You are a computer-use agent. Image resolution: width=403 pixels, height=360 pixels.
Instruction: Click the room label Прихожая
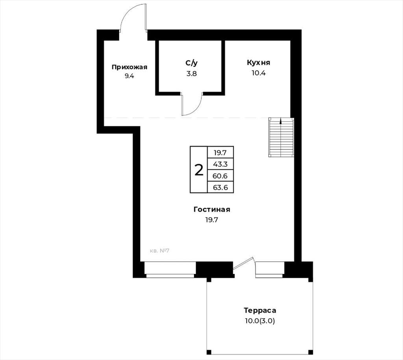(x=129, y=67)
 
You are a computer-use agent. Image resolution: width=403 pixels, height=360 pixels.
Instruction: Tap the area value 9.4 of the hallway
(x=129, y=76)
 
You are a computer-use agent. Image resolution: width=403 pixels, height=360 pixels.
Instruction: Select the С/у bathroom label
(x=192, y=63)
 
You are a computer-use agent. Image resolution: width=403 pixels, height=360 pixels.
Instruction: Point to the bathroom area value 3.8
(x=192, y=74)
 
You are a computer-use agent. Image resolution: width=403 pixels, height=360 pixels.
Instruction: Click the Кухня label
(x=259, y=63)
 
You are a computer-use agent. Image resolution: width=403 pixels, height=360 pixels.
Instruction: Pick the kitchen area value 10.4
(x=259, y=73)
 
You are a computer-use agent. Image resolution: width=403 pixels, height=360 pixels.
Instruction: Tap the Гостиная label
(x=212, y=210)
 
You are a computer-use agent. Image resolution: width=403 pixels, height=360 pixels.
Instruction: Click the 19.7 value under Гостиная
(x=212, y=220)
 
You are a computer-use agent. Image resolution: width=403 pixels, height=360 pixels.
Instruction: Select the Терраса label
(x=260, y=310)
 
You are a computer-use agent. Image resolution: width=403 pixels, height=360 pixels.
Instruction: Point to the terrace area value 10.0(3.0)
(x=260, y=321)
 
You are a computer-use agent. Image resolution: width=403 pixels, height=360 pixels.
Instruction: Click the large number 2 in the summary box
(x=199, y=170)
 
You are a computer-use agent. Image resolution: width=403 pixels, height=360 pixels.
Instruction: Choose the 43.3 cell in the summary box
(x=220, y=164)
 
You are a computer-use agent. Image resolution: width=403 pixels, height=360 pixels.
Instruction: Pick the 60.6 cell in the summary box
(x=220, y=176)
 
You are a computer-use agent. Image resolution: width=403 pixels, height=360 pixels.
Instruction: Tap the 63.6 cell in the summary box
(x=220, y=187)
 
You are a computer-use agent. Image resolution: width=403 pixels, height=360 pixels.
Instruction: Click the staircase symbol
(x=281, y=137)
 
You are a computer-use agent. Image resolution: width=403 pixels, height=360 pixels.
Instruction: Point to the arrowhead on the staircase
(x=281, y=120)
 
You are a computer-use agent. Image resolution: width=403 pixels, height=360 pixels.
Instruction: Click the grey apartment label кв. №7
(x=159, y=251)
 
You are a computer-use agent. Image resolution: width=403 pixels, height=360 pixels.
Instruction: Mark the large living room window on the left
(x=170, y=270)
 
